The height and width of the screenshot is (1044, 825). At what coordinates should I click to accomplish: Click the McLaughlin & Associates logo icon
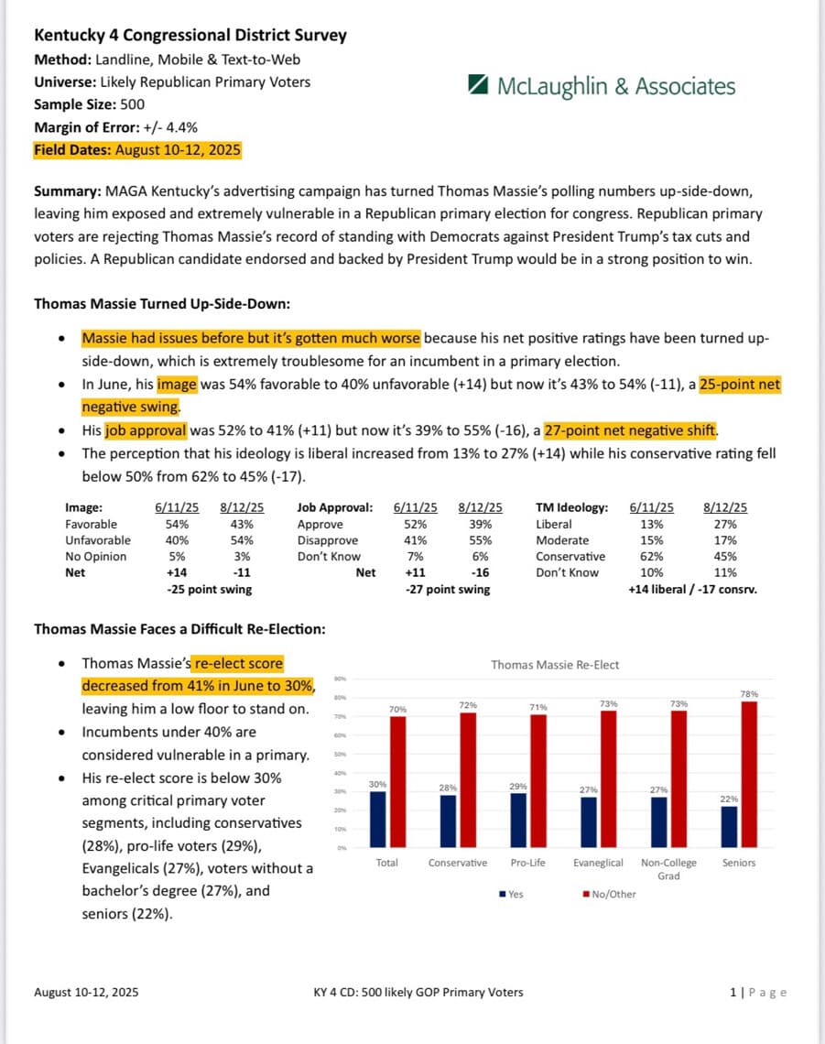pyautogui.click(x=477, y=86)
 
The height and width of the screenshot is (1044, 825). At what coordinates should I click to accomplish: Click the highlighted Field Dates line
pyautogui.click(x=137, y=150)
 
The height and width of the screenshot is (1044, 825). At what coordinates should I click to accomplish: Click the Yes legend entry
pyautogui.click(x=512, y=894)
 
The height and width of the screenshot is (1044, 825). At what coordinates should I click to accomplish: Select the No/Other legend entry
pyautogui.click(x=609, y=894)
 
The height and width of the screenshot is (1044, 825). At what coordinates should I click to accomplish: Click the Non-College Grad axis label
pyautogui.click(x=668, y=868)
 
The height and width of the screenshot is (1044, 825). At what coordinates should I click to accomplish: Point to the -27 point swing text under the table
pyautogui.click(x=447, y=590)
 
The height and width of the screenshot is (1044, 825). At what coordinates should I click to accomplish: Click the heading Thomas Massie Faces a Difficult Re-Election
pyautogui.click(x=179, y=629)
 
